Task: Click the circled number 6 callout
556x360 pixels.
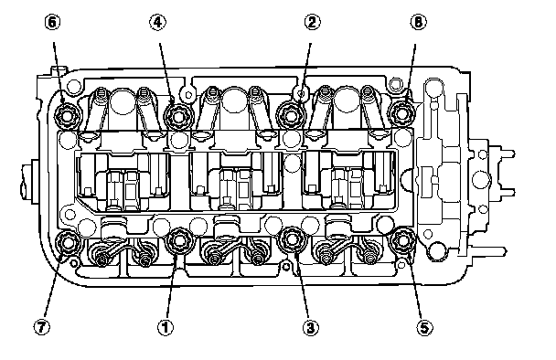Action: click(x=52, y=22)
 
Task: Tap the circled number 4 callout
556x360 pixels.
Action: click(x=157, y=22)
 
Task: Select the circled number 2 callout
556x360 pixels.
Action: click(x=312, y=22)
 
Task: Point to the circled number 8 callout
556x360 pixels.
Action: click(x=419, y=22)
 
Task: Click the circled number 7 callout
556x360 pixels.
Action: click(x=42, y=327)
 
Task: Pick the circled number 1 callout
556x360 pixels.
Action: click(x=165, y=327)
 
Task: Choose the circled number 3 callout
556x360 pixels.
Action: click(x=311, y=327)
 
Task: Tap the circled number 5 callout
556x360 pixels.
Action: click(x=424, y=327)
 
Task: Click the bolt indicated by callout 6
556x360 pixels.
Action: click(x=68, y=115)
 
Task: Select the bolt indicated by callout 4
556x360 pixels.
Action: click(x=178, y=116)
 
